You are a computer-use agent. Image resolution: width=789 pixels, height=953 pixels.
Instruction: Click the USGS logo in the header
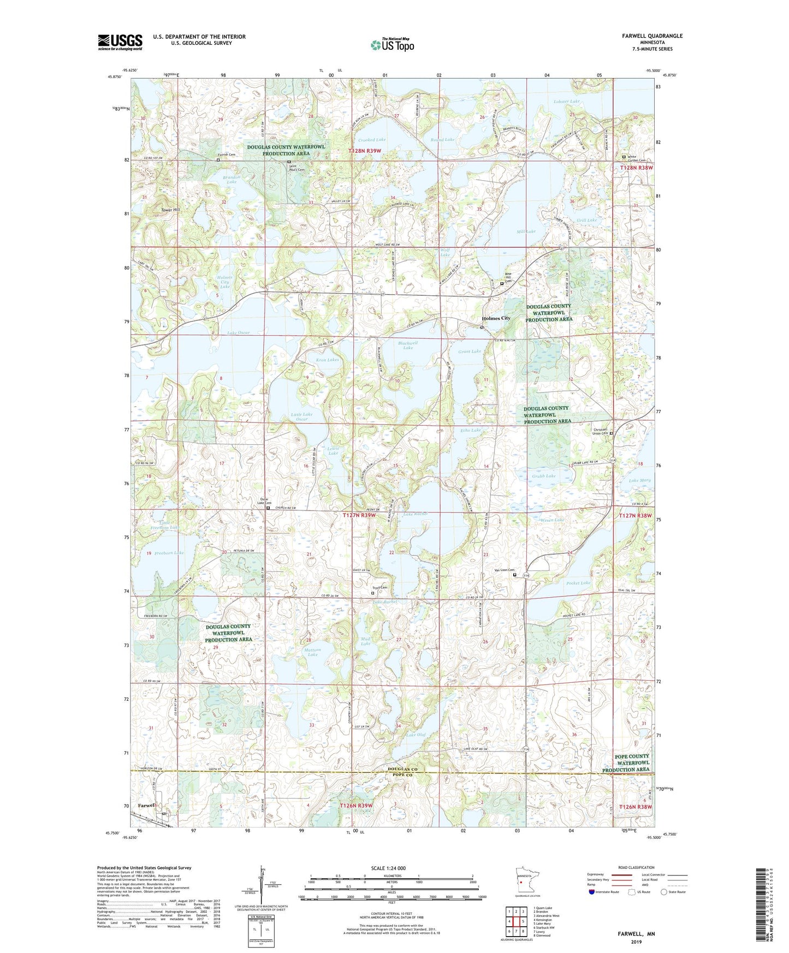[120, 42]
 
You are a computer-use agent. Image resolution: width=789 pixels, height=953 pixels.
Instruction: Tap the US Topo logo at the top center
[393, 45]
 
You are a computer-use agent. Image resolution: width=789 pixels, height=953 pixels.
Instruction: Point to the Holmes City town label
[496, 318]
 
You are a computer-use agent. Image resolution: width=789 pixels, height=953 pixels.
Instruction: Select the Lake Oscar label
[238, 333]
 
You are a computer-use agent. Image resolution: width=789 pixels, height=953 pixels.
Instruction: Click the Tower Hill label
[170, 210]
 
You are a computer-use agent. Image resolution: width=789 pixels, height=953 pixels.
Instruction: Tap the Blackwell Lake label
[408, 346]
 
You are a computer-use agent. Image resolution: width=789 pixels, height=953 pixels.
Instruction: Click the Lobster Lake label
[566, 102]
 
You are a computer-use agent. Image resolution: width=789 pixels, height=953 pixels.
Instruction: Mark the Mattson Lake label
[312, 652]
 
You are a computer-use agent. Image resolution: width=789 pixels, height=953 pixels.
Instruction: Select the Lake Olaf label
[416, 735]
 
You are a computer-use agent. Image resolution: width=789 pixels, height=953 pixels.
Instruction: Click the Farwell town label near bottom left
[147, 805]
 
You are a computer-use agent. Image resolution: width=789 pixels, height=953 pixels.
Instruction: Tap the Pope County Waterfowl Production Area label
[626, 763]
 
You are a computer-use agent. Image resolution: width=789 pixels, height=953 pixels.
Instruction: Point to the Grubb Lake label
[543, 476]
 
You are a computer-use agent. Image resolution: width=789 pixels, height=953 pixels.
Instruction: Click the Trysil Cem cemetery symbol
[373, 593]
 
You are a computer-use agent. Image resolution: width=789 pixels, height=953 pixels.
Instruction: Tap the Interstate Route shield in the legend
[592, 892]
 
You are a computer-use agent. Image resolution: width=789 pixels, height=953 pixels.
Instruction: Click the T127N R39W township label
[359, 515]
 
